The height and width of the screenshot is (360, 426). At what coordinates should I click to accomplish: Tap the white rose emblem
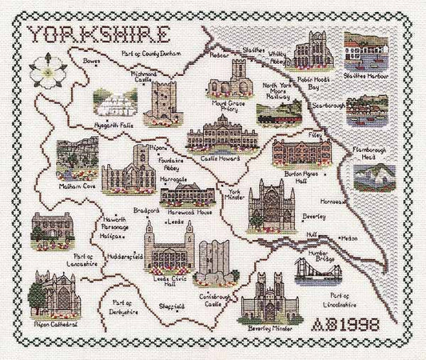[47, 66]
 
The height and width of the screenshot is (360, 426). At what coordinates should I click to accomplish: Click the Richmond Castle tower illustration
[164, 102]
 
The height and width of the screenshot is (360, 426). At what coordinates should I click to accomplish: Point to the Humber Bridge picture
[317, 274]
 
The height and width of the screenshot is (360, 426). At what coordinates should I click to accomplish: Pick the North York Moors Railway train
[279, 114]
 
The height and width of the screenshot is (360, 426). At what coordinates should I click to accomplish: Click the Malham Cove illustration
[78, 158]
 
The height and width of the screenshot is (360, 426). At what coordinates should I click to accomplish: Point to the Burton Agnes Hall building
[301, 152]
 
